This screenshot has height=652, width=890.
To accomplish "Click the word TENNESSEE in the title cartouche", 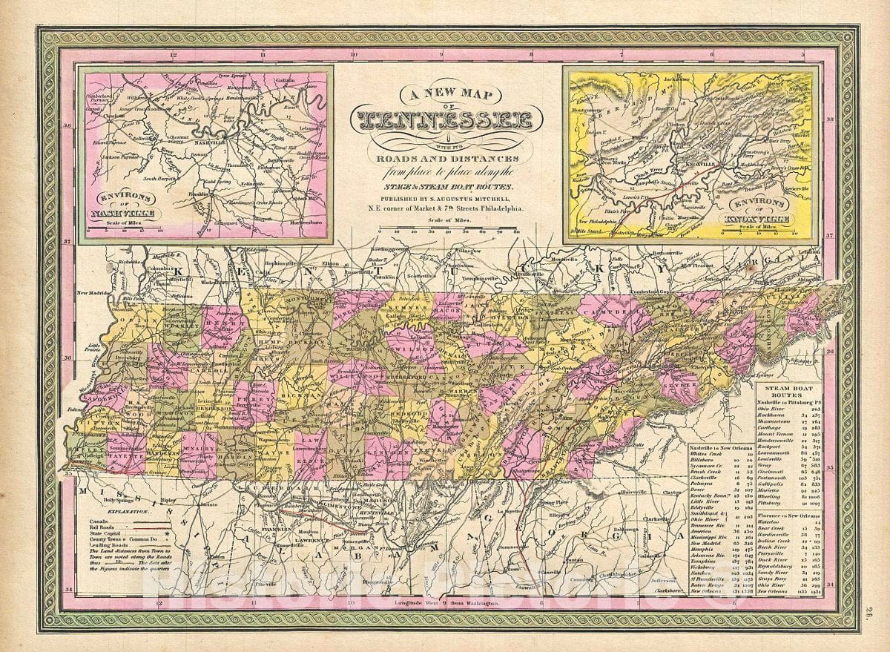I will [448, 120].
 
